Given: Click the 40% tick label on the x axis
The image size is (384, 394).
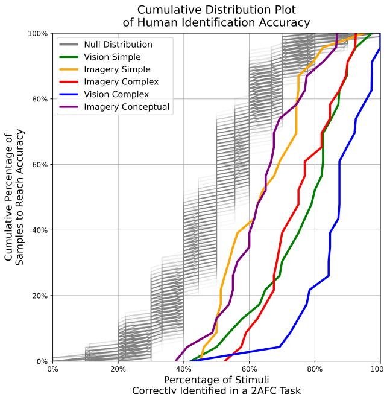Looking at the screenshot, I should click(184, 369).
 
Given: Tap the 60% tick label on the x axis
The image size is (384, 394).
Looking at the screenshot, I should click(249, 369).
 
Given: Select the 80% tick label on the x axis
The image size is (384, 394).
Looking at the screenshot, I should click(315, 369).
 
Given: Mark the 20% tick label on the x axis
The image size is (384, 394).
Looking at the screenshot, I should click(118, 369).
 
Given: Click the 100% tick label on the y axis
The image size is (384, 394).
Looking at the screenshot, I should click(38, 33).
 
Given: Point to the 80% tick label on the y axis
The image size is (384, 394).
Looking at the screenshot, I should click(40, 99).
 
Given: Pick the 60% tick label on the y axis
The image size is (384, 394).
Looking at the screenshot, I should click(40, 165).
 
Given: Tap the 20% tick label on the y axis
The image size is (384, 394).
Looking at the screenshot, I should click(40, 296).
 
